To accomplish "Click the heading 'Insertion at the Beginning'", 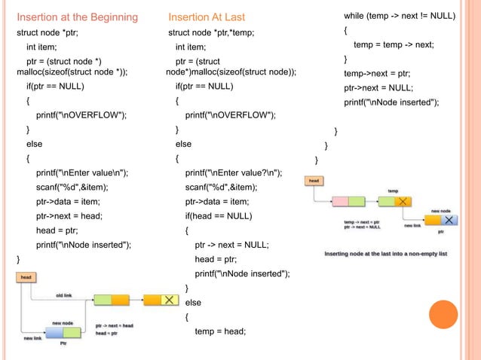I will point(77,17).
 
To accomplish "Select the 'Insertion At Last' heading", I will point(207,17).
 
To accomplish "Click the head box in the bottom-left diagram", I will point(26,277).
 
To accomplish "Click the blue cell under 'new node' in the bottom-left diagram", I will point(54,332).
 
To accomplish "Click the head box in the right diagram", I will point(314,181).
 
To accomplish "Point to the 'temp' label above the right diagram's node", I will point(393,191).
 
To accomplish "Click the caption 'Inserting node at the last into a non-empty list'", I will point(385,254).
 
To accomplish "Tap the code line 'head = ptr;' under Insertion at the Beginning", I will point(57,230).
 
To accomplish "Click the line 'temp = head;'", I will point(219,331).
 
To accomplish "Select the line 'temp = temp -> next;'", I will point(393,44).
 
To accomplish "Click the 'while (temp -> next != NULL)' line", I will point(399,16).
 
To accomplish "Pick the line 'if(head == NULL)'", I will point(217,216).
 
